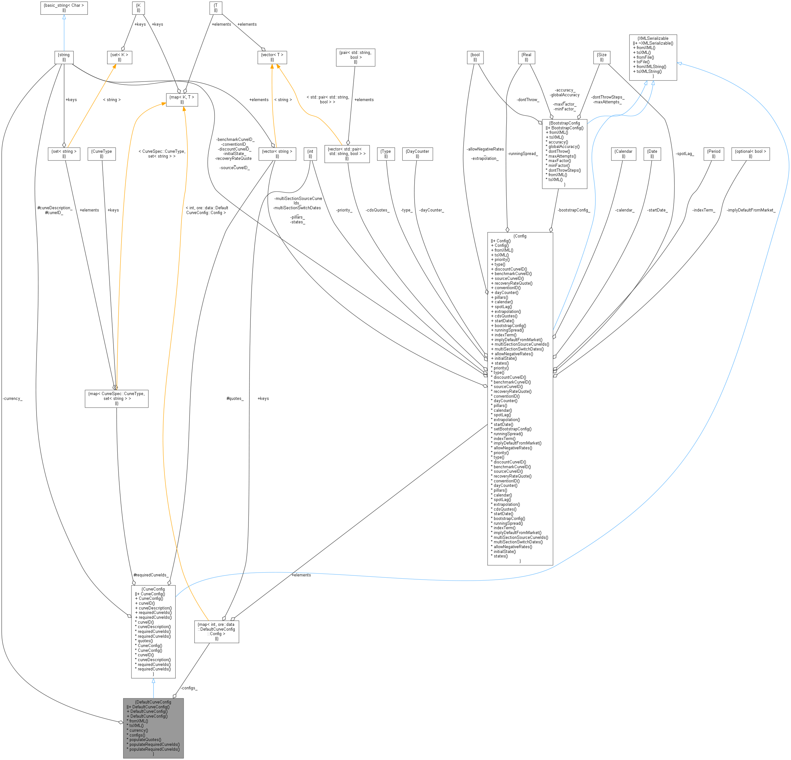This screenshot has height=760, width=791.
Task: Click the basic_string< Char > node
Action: pos(64,8)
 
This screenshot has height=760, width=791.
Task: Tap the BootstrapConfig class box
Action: pos(564,153)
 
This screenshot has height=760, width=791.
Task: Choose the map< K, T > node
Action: pos(182,99)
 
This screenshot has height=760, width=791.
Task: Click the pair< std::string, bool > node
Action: pos(355,57)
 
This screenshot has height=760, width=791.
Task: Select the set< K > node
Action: pos(120,57)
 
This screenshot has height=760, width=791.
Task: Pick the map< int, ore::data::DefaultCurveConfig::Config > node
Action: pos(216,631)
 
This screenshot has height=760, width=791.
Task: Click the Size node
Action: pos(601,57)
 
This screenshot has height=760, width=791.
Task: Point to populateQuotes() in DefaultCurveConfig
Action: pos(145,739)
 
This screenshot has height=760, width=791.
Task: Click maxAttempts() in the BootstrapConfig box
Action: pos(562,156)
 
